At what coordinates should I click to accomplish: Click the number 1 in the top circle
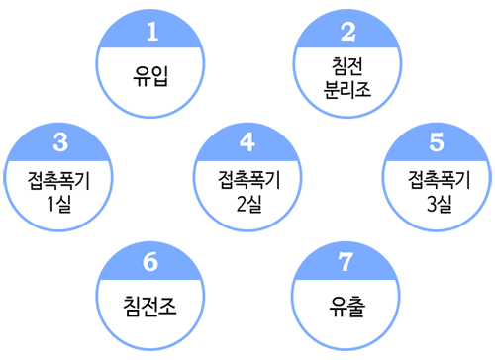(x=152, y=32)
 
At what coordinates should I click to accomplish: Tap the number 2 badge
(x=348, y=32)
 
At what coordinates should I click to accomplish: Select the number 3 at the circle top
(x=60, y=142)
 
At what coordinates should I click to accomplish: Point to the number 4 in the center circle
(x=247, y=142)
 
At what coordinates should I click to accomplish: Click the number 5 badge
(x=437, y=142)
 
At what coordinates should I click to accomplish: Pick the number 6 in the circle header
(x=150, y=262)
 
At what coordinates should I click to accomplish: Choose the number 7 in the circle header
(x=346, y=262)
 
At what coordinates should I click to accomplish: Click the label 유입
(x=150, y=76)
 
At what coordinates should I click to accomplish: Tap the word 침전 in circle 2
(x=347, y=66)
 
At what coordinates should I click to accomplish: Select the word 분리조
(x=347, y=89)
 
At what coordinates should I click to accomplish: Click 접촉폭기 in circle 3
(x=58, y=180)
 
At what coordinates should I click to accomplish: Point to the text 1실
(x=59, y=204)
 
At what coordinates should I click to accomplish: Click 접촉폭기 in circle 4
(x=249, y=180)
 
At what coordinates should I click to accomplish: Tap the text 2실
(x=249, y=204)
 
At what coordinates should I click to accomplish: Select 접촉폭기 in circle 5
(x=440, y=180)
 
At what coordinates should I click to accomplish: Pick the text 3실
(x=440, y=204)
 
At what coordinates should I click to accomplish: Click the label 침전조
(x=149, y=307)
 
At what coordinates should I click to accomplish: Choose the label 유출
(x=346, y=307)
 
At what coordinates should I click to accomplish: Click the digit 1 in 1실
(x=50, y=204)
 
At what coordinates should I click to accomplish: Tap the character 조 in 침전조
(x=167, y=307)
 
